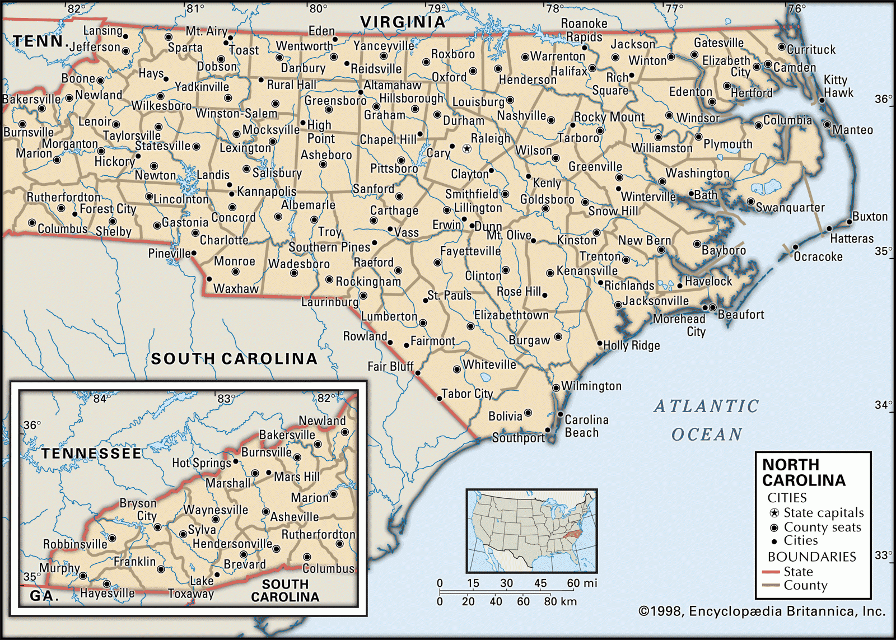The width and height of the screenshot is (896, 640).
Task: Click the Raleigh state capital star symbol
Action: [x=466, y=148]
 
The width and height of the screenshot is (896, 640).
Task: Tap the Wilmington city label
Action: [x=591, y=386]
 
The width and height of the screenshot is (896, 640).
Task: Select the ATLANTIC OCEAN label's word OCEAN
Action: [x=707, y=435]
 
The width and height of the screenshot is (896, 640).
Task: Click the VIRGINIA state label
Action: [x=403, y=22]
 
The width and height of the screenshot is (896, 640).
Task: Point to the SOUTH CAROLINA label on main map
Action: [x=234, y=358]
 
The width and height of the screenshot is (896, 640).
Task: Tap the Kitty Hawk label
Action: [x=838, y=86]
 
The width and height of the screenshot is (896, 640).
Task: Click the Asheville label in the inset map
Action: [x=295, y=517]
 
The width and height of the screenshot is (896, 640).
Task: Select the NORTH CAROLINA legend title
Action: [x=803, y=473]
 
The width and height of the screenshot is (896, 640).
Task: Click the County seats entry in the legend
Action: [x=822, y=527]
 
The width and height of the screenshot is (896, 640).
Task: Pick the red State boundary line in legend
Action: [x=771, y=572]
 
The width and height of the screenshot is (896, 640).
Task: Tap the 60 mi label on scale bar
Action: [x=582, y=583]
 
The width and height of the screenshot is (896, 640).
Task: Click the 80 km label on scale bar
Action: [x=561, y=601]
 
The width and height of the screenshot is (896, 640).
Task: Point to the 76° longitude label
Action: [x=796, y=8]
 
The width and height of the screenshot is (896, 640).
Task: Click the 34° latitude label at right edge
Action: [x=883, y=404]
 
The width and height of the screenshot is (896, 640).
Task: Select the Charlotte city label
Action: [x=224, y=240]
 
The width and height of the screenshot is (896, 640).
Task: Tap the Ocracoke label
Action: [x=818, y=256]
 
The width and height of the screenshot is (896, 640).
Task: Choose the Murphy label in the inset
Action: [x=59, y=568]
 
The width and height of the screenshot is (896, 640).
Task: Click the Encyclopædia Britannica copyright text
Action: [x=762, y=611]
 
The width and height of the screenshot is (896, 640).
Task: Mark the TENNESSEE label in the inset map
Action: [x=91, y=453]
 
